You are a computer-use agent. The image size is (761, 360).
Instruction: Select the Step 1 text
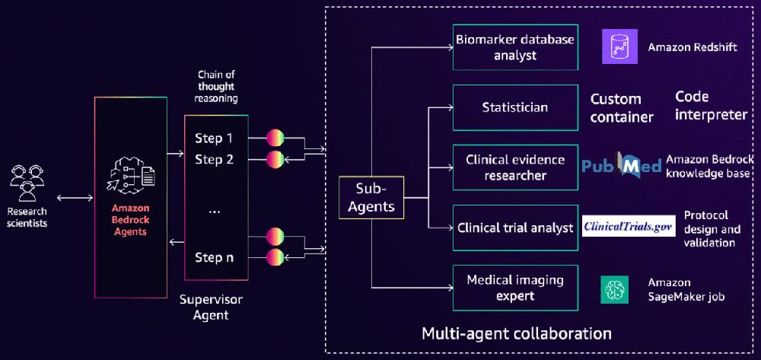(x=214, y=139)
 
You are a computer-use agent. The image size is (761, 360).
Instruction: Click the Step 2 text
(x=214, y=159)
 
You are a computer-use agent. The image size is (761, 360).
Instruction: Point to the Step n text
(x=214, y=256)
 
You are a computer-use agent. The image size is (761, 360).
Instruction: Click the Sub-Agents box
(x=372, y=197)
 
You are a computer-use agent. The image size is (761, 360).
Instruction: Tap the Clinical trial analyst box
(x=514, y=228)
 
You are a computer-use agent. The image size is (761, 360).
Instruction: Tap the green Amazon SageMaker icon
(x=613, y=288)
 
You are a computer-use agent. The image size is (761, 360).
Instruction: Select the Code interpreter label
(x=711, y=106)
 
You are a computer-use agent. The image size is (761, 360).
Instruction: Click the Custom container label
(x=622, y=107)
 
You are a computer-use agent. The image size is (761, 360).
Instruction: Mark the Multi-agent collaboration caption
(x=517, y=333)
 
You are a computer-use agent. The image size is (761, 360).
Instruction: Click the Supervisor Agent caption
(x=209, y=305)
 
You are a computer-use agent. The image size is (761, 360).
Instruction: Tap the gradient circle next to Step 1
(x=275, y=139)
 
